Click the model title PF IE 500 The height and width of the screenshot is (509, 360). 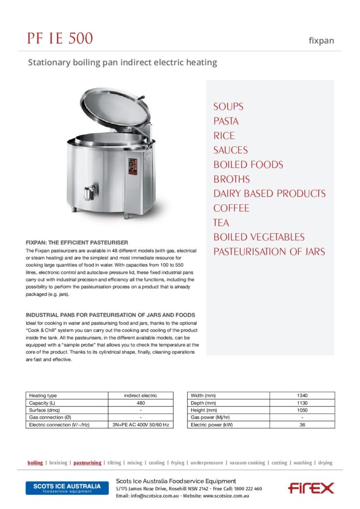click(x=60, y=38)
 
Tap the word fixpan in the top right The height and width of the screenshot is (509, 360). click(x=321, y=41)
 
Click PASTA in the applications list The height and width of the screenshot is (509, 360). click(x=226, y=121)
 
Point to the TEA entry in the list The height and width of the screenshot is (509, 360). click(x=221, y=223)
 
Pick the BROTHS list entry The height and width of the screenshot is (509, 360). click(x=231, y=179)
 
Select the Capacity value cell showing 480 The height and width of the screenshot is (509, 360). click(x=141, y=403)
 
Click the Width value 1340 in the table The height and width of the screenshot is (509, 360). click(x=302, y=396)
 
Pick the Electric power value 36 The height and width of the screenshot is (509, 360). click(x=302, y=425)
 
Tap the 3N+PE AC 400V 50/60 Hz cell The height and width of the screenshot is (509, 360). click(x=141, y=425)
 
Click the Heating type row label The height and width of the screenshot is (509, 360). click(x=43, y=396)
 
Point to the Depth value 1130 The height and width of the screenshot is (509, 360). click(x=302, y=403)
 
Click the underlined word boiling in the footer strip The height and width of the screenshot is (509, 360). click(x=35, y=463)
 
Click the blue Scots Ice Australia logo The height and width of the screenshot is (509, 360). click(x=67, y=488)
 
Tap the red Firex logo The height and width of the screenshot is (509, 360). click(x=311, y=488)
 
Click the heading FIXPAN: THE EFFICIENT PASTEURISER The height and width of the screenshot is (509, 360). click(x=77, y=242)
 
